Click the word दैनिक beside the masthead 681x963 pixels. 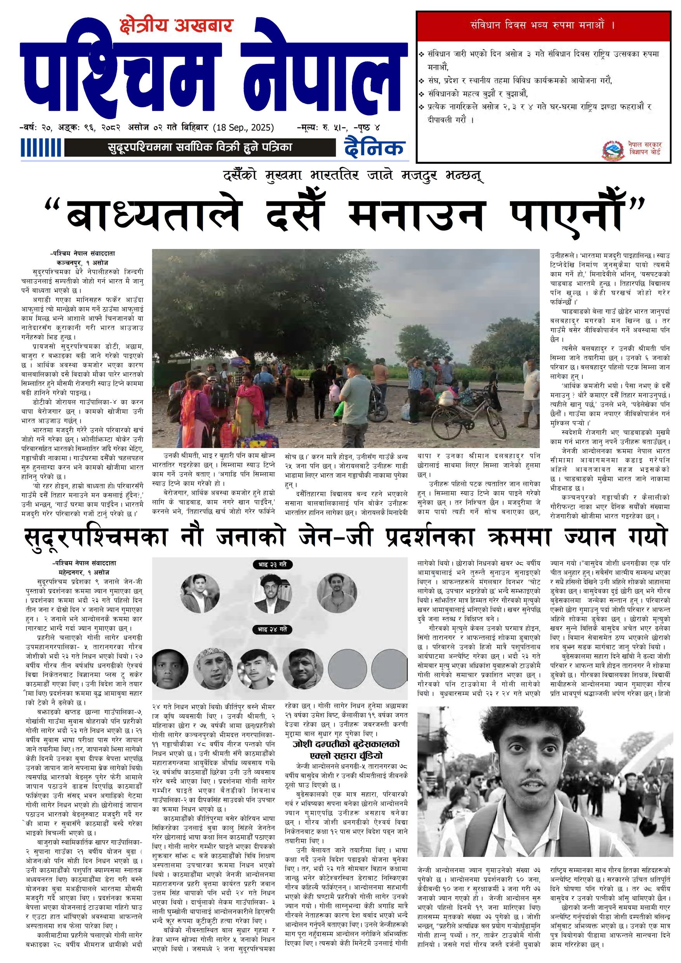[374, 148]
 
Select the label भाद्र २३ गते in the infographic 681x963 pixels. [273, 565]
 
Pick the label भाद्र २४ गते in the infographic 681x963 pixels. [273, 629]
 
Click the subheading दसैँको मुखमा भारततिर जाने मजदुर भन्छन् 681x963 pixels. [353, 175]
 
